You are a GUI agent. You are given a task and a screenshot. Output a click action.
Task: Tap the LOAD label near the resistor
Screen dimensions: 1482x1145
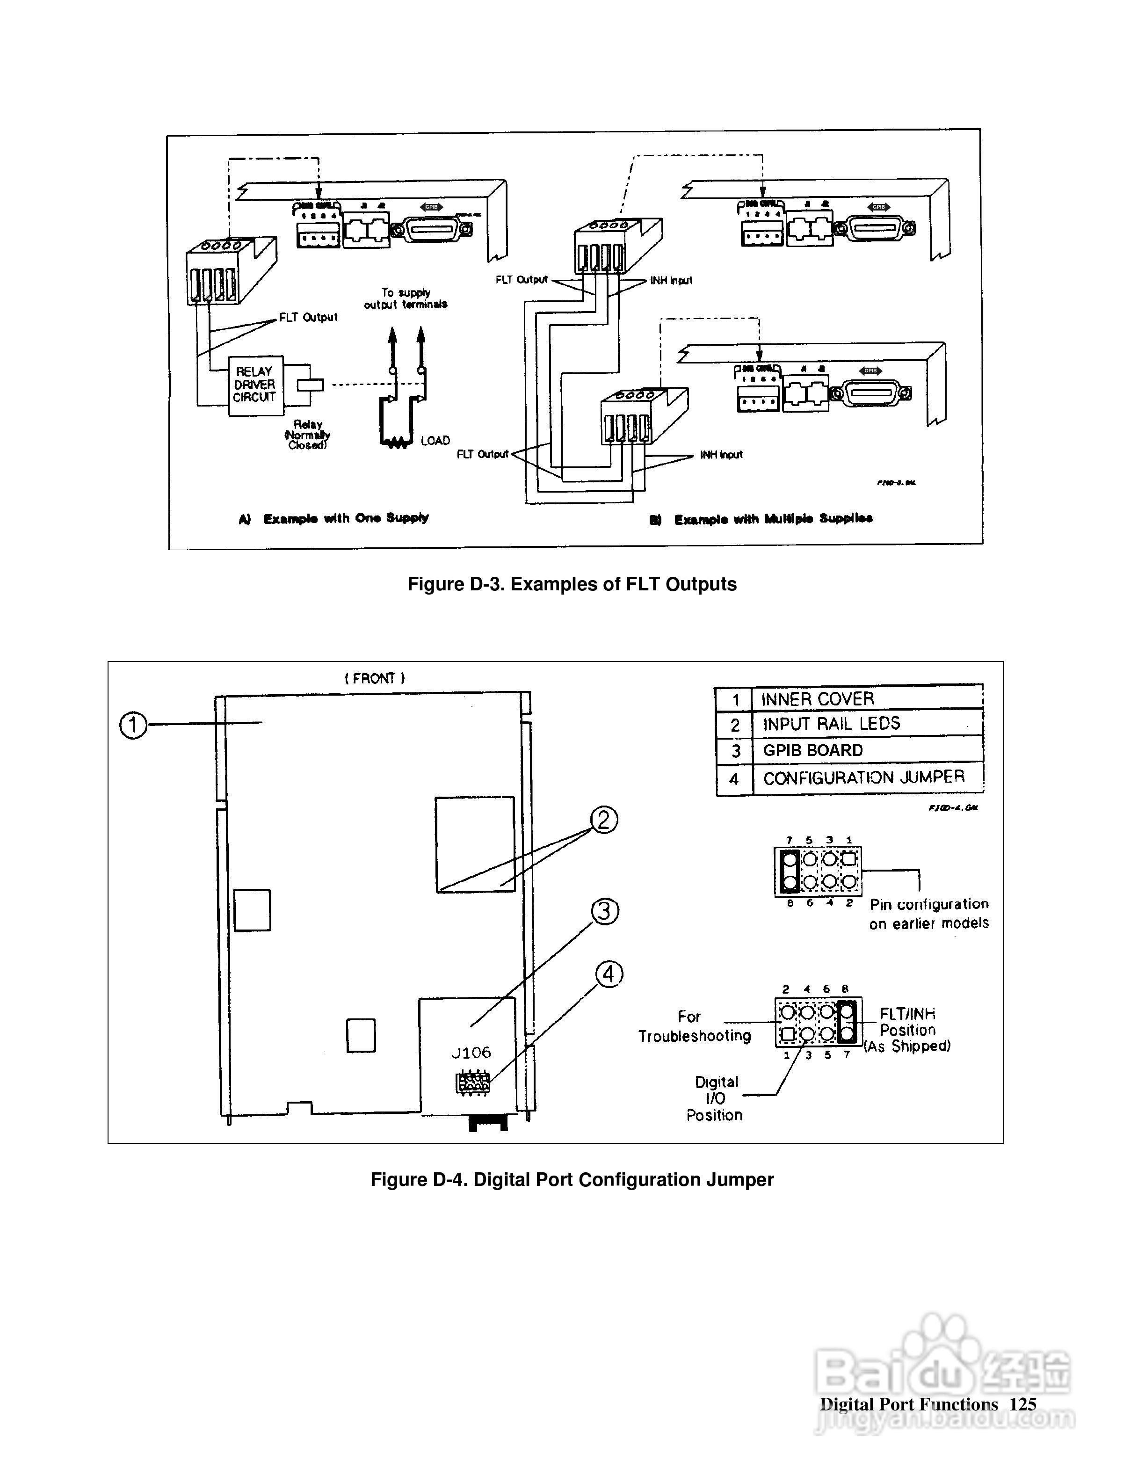click(x=435, y=441)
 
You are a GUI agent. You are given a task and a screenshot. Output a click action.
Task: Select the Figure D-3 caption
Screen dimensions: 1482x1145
click(x=572, y=584)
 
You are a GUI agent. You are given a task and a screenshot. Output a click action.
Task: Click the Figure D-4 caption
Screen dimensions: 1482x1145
click(x=572, y=1179)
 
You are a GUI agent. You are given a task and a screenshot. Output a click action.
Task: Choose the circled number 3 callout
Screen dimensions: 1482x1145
click(x=605, y=911)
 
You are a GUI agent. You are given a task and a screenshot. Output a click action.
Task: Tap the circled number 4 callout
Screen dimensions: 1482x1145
click(x=609, y=974)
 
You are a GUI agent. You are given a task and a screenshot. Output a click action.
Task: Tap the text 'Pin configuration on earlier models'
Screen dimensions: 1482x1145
click(x=928, y=913)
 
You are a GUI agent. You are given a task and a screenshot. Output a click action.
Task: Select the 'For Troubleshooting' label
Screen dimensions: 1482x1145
click(x=694, y=1026)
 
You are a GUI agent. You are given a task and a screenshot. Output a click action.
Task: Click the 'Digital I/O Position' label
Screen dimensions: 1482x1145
click(x=715, y=1098)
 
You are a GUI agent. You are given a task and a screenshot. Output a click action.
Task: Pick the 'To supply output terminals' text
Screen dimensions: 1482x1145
click(x=406, y=298)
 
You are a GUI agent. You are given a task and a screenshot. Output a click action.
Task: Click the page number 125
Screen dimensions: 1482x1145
click(x=1022, y=1404)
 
